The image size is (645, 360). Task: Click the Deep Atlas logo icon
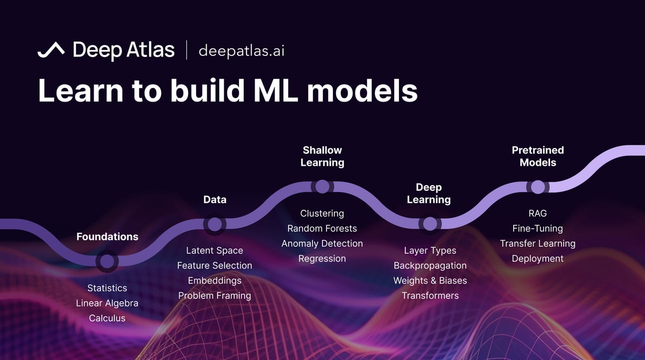pyautogui.click(x=51, y=50)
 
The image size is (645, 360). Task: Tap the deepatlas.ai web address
pyautogui.click(x=241, y=50)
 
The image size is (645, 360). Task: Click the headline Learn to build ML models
pyautogui.click(x=228, y=90)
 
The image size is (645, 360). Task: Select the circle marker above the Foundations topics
pyautogui.click(x=107, y=261)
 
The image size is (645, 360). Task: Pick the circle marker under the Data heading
pyautogui.click(x=215, y=224)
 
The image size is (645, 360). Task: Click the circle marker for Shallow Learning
pyautogui.click(x=322, y=186)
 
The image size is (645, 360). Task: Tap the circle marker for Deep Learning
pyautogui.click(x=429, y=224)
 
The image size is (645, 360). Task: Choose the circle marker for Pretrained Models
pyautogui.click(x=538, y=187)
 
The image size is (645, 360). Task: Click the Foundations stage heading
pyautogui.click(x=107, y=237)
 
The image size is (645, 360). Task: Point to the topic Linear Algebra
pyautogui.click(x=107, y=303)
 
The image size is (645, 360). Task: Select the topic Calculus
pyautogui.click(x=107, y=318)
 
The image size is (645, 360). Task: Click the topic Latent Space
pyautogui.click(x=215, y=251)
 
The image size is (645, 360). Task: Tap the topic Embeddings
pyautogui.click(x=215, y=281)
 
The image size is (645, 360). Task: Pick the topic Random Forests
pyautogui.click(x=322, y=229)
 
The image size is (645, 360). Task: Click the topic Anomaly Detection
pyautogui.click(x=322, y=244)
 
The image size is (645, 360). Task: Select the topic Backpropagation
pyautogui.click(x=430, y=266)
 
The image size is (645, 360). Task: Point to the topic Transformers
pyautogui.click(x=430, y=296)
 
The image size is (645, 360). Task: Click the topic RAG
pyautogui.click(x=538, y=214)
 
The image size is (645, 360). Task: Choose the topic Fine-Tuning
pyautogui.click(x=538, y=229)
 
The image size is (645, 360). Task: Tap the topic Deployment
pyautogui.click(x=538, y=259)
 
